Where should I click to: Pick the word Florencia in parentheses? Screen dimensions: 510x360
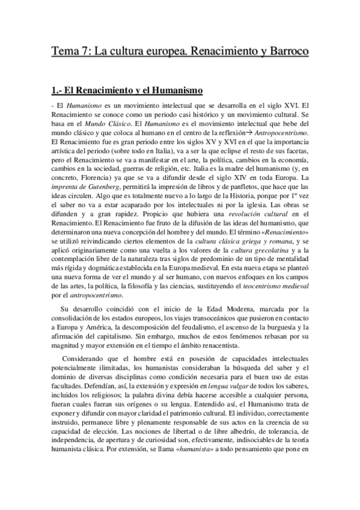coord(96,179)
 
